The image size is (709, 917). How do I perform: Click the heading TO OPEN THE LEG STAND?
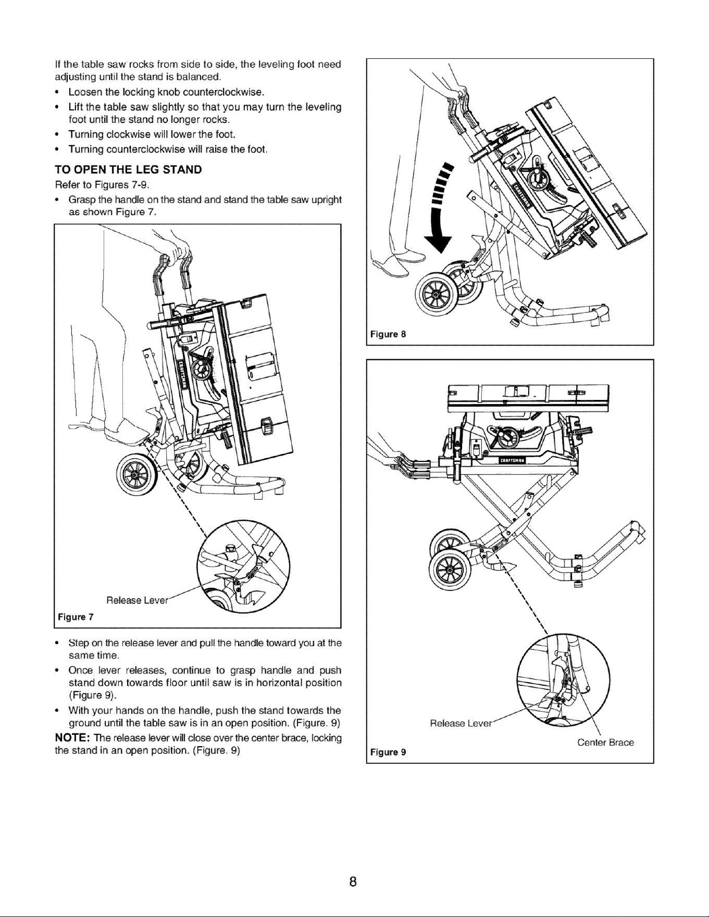(128, 170)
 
